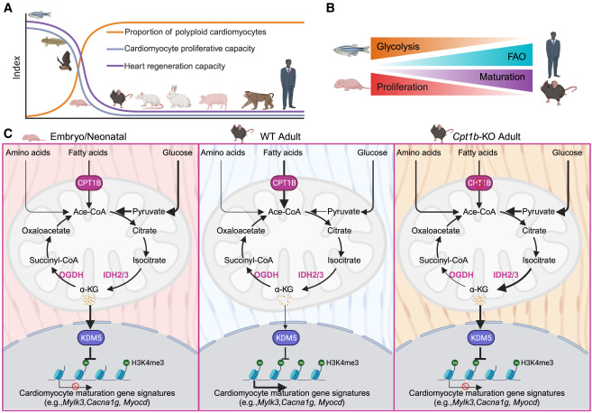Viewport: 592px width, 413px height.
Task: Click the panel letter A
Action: point(7,8)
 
